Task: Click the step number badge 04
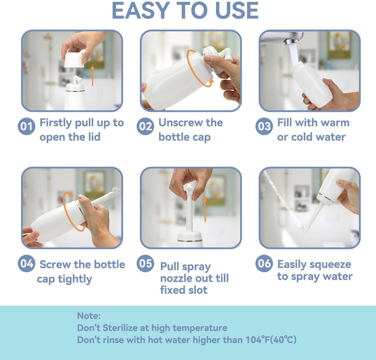26,264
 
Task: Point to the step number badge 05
145,264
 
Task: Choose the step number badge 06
264,264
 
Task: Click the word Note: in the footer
88,316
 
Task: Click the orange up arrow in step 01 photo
93,75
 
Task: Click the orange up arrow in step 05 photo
205,209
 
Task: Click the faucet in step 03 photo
283,37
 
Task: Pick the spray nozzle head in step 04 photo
116,191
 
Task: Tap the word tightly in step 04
74,279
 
